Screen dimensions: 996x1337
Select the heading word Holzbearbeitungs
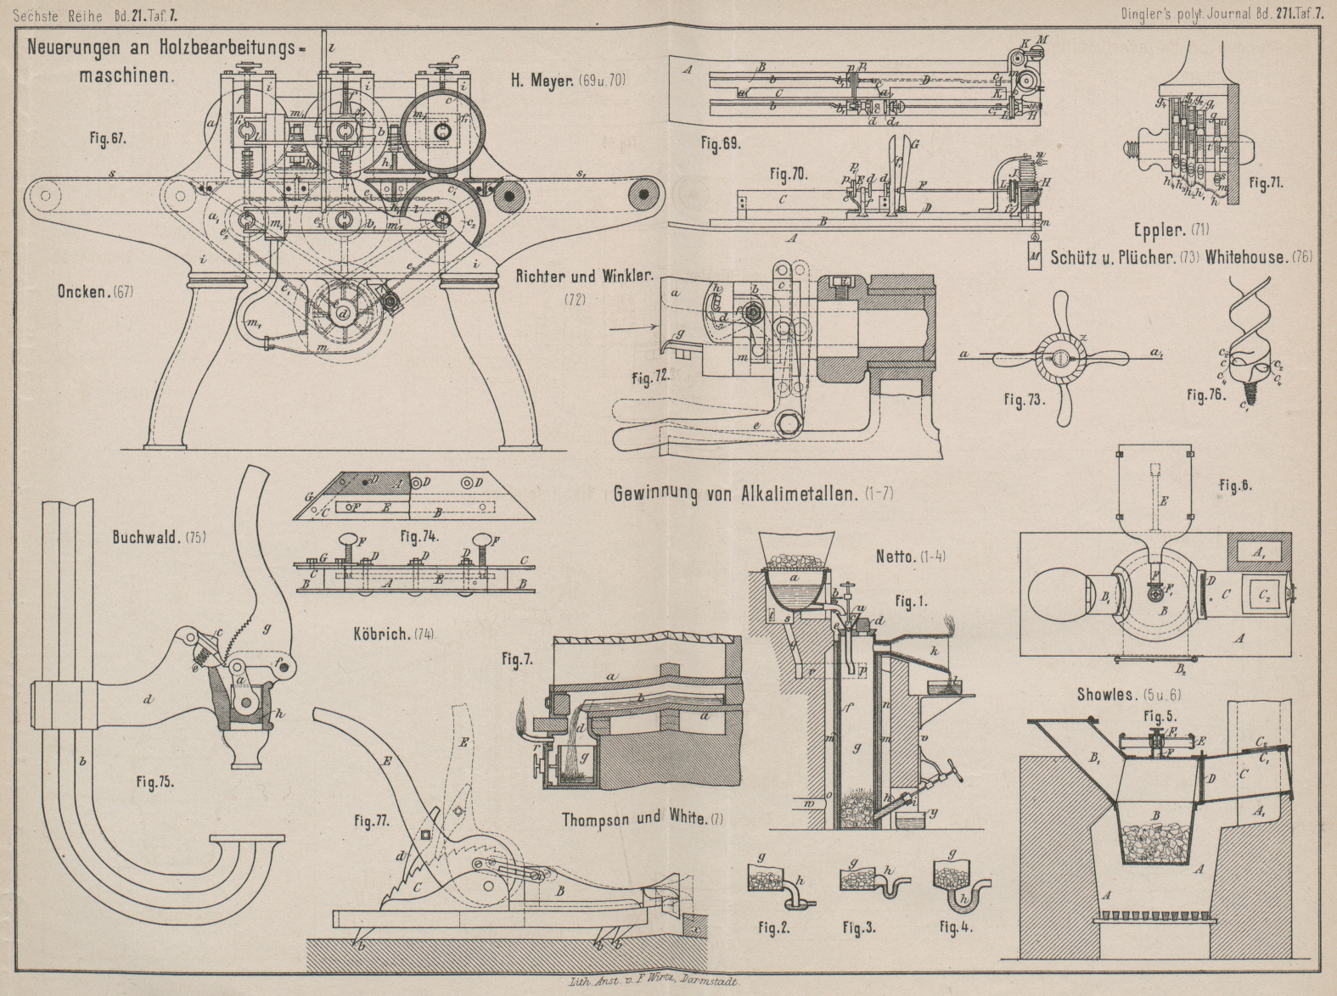218,48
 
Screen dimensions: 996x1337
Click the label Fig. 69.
721,144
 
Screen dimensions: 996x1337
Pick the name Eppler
1160,228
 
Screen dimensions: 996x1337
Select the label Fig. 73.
1025,400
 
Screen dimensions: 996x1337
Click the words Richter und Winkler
586,276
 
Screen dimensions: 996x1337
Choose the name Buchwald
145,537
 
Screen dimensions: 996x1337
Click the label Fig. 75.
155,782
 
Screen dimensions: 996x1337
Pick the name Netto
898,557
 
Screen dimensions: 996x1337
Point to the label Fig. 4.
955,927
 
